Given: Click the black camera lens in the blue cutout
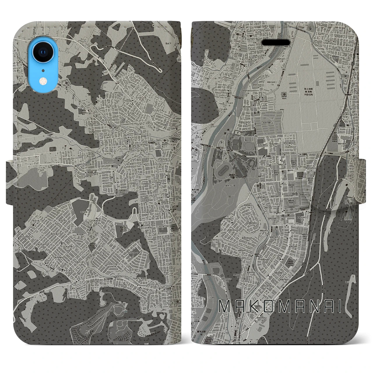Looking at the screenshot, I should [x=43, y=52].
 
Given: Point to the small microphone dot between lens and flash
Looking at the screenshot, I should [x=43, y=70].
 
